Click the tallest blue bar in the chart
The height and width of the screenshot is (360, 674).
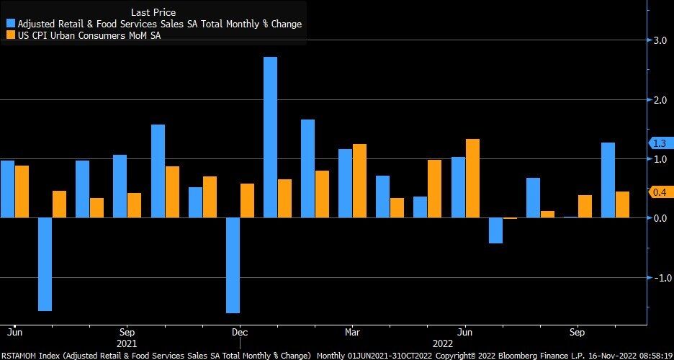click(270, 137)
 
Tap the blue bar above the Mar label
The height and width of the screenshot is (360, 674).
click(345, 183)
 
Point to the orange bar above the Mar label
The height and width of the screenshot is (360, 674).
click(359, 181)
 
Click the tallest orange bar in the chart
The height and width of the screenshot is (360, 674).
click(472, 178)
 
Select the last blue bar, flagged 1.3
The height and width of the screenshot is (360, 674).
click(608, 180)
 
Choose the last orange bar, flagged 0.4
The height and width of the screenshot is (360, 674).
click(622, 204)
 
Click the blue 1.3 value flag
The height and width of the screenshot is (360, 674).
click(660, 143)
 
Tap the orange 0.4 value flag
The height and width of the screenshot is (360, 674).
click(660, 192)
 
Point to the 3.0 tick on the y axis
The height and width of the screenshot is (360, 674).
click(660, 41)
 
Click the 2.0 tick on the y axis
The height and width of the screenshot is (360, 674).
click(660, 100)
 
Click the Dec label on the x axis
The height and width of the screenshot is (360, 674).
click(240, 333)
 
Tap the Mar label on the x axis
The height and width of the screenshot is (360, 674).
click(352, 333)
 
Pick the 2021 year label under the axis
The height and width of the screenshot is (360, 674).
click(127, 344)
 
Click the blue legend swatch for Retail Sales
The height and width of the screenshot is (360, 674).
click(10, 24)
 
